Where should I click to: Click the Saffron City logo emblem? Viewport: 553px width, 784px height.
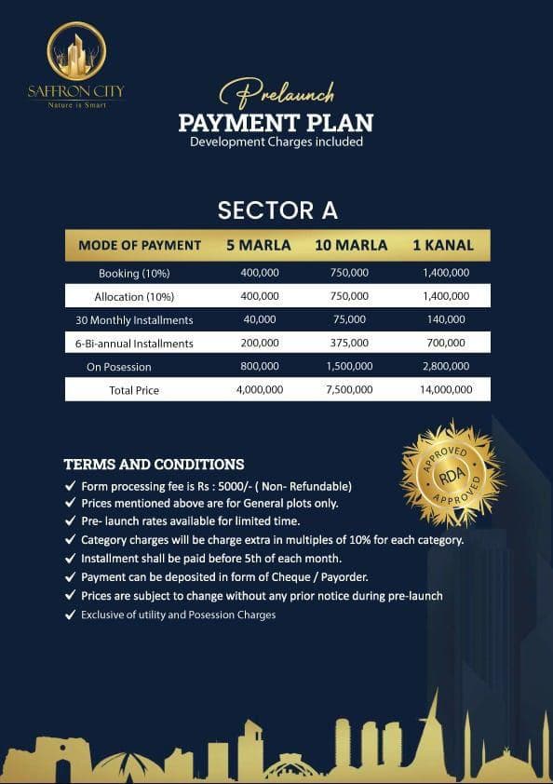click(76, 52)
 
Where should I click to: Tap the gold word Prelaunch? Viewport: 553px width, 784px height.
click(276, 95)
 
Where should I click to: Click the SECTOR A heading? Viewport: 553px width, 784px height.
click(276, 210)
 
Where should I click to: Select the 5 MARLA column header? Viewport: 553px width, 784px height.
click(259, 246)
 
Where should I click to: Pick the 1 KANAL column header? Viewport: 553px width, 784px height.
click(443, 246)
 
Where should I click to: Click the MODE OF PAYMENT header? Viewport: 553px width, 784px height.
click(140, 246)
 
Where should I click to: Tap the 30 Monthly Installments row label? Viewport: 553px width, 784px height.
click(134, 319)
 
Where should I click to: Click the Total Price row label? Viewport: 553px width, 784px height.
click(134, 390)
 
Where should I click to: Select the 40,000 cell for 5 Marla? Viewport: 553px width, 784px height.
click(260, 319)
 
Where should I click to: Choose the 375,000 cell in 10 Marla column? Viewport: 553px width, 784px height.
click(349, 343)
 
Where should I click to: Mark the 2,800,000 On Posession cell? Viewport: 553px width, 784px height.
click(443, 366)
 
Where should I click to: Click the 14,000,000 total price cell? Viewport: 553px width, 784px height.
click(443, 390)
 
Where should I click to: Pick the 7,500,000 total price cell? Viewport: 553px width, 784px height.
click(349, 390)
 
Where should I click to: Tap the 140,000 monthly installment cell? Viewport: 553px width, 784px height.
click(443, 319)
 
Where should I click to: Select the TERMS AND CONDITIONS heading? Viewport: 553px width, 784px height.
click(154, 464)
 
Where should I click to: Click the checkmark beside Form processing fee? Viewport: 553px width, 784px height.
click(70, 486)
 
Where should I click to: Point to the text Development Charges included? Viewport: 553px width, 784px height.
click(276, 142)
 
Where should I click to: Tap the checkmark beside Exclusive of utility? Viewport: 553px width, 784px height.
click(70, 615)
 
